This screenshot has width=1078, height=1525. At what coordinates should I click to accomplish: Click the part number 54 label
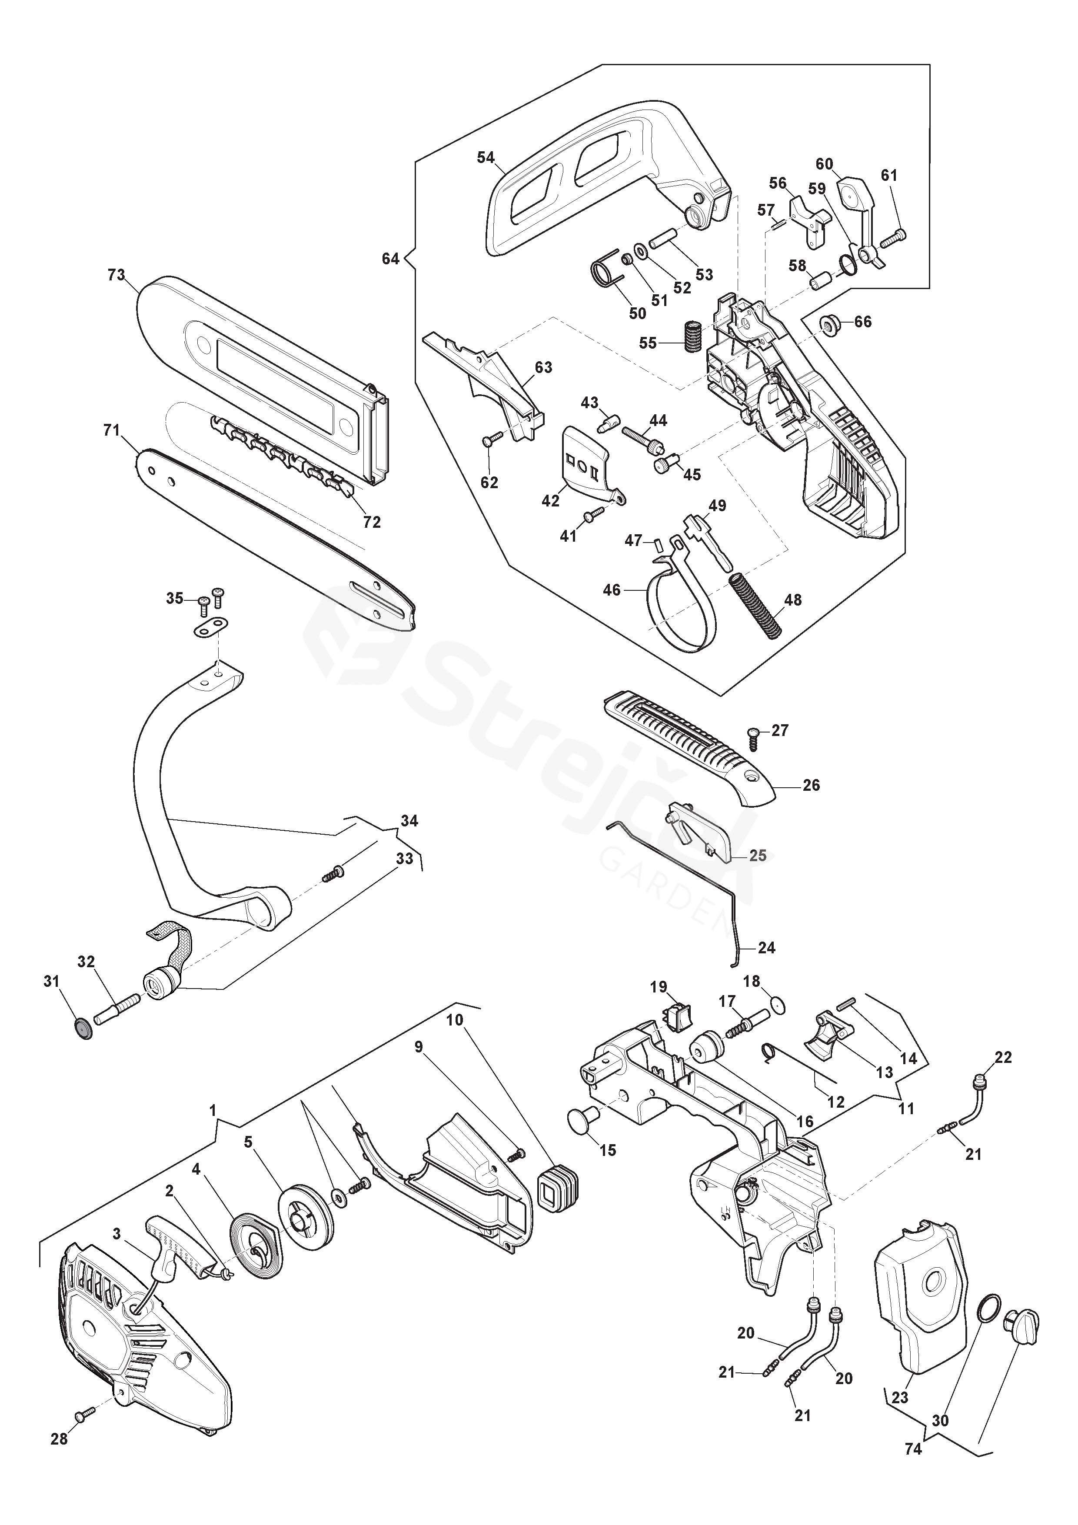pos(486,157)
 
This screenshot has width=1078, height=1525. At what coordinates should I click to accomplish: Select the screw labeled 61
pos(893,234)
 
